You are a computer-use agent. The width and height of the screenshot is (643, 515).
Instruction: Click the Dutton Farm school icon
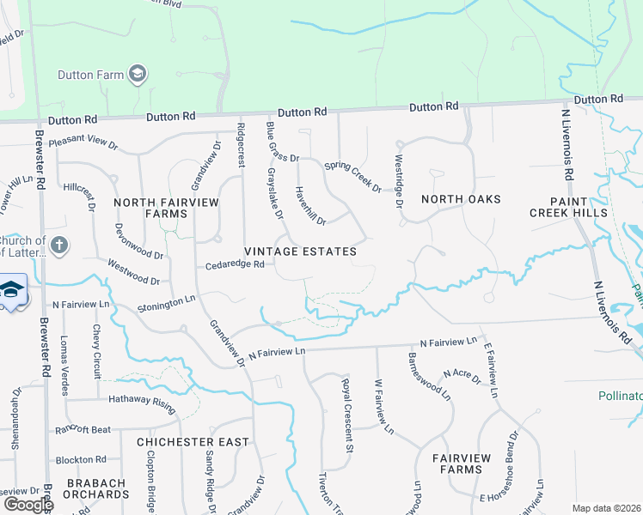click(x=137, y=75)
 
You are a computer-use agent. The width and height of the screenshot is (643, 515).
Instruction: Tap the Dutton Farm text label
click(x=90, y=75)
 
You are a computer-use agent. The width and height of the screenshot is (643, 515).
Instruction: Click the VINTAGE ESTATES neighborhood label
click(x=300, y=251)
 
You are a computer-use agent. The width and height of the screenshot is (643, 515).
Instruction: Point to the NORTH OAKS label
click(x=461, y=199)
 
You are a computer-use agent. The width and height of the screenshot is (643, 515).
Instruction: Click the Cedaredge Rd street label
click(x=234, y=265)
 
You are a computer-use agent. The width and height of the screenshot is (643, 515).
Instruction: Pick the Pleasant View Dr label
click(x=83, y=143)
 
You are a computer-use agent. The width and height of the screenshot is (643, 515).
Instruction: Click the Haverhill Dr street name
click(x=310, y=206)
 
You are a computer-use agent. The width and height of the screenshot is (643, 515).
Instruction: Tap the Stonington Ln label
click(x=166, y=303)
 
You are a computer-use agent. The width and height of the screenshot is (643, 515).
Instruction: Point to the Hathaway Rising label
click(x=142, y=399)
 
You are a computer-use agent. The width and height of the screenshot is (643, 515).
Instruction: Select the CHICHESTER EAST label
click(x=193, y=442)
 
